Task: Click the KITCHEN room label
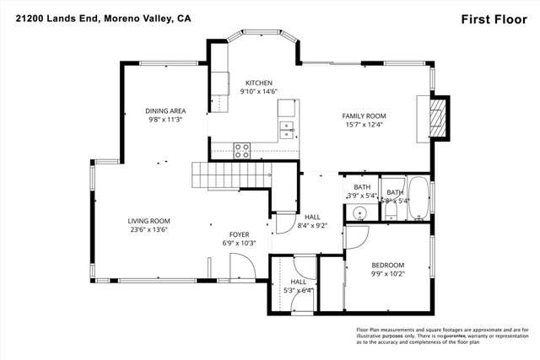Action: click(x=259, y=82)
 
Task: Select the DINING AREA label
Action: click(x=165, y=110)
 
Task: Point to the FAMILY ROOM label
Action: click(x=364, y=116)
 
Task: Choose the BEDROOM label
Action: click(x=388, y=264)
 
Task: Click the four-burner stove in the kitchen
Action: click(x=241, y=151)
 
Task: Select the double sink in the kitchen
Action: click(x=287, y=129)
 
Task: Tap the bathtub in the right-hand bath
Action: click(x=418, y=200)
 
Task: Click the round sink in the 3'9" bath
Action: click(x=359, y=213)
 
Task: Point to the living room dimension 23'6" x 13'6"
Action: click(x=148, y=229)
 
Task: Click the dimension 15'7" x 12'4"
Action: click(x=364, y=125)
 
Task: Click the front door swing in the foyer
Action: click(x=243, y=268)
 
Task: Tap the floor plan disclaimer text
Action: click(x=441, y=336)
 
